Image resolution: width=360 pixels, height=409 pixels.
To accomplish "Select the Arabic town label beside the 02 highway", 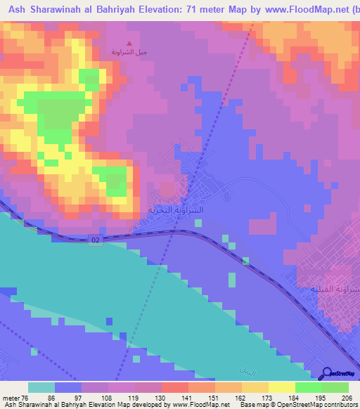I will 175,209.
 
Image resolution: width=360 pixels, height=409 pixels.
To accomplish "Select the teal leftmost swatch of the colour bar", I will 41,387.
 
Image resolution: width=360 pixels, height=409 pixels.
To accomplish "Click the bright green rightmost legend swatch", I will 335,387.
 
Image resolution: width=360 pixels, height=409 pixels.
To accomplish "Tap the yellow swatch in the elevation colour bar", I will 281,387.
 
